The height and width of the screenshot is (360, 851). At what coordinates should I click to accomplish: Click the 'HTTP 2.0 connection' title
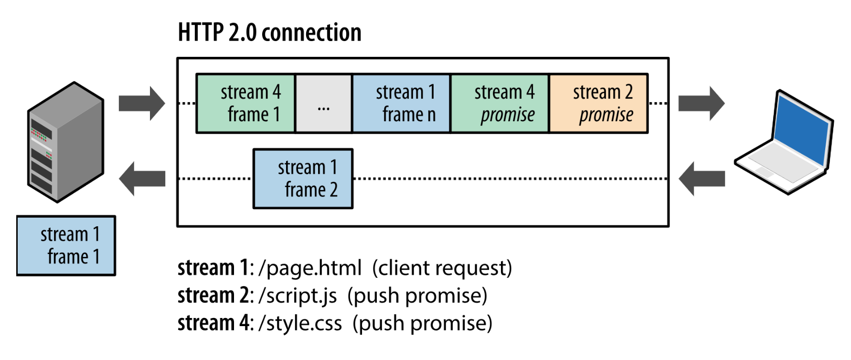pyautogui.click(x=269, y=32)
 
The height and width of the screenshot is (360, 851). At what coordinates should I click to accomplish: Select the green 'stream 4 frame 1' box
pyautogui.click(x=245, y=103)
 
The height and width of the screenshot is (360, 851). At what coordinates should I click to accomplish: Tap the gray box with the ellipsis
pyautogui.click(x=323, y=103)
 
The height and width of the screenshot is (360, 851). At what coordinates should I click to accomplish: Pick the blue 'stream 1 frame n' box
pyautogui.click(x=401, y=103)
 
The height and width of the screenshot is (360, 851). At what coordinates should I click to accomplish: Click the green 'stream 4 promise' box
pyautogui.click(x=500, y=103)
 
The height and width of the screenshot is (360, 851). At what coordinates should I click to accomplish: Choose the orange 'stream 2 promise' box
pyautogui.click(x=598, y=103)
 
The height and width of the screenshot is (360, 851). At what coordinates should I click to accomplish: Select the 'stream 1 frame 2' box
pyautogui.click(x=303, y=179)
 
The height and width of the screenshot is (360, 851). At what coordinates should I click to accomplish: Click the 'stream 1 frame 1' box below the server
pyautogui.click(x=66, y=245)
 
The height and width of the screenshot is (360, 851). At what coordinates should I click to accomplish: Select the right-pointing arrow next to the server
pyautogui.click(x=142, y=103)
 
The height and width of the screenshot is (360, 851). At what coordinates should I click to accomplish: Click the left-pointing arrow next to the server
pyautogui.click(x=142, y=179)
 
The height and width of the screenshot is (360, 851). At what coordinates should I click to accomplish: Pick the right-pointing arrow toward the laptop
pyautogui.click(x=702, y=103)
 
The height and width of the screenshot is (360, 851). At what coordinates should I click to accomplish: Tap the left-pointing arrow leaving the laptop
pyautogui.click(x=702, y=179)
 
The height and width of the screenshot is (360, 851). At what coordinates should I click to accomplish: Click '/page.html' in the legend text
pyautogui.click(x=310, y=268)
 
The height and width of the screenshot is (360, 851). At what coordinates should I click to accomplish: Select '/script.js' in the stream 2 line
pyautogui.click(x=298, y=296)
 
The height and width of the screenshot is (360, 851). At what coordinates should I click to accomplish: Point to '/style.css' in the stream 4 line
pyautogui.click(x=300, y=324)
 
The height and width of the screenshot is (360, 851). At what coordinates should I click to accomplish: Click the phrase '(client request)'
pyautogui.click(x=442, y=268)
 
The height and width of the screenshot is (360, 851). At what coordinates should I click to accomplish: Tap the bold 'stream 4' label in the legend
pyautogui.click(x=213, y=324)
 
